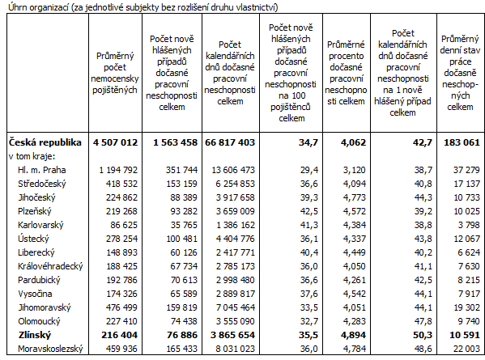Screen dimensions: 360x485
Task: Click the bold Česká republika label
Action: (x=45, y=142)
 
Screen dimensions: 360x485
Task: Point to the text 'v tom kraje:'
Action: (x=30, y=155)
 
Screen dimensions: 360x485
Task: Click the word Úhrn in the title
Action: (x=18, y=7)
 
